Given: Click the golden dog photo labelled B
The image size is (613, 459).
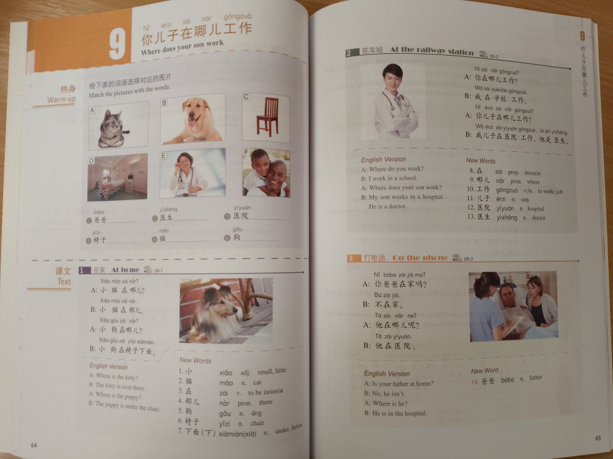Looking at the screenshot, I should [192, 119].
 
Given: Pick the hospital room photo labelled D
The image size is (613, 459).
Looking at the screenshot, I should [117, 177].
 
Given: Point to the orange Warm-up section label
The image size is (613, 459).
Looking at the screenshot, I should [61, 99].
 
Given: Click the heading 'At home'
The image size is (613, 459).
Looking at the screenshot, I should [125, 269].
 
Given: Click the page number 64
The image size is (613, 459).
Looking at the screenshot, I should [34, 445].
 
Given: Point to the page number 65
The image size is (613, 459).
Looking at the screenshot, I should [598, 438].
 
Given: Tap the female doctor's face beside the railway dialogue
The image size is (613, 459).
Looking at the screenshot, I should [392, 78].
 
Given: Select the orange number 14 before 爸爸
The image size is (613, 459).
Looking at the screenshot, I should [474, 381].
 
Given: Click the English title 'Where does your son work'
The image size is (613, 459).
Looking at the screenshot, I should [182, 48].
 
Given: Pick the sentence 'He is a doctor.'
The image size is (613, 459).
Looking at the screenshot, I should [387, 207].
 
